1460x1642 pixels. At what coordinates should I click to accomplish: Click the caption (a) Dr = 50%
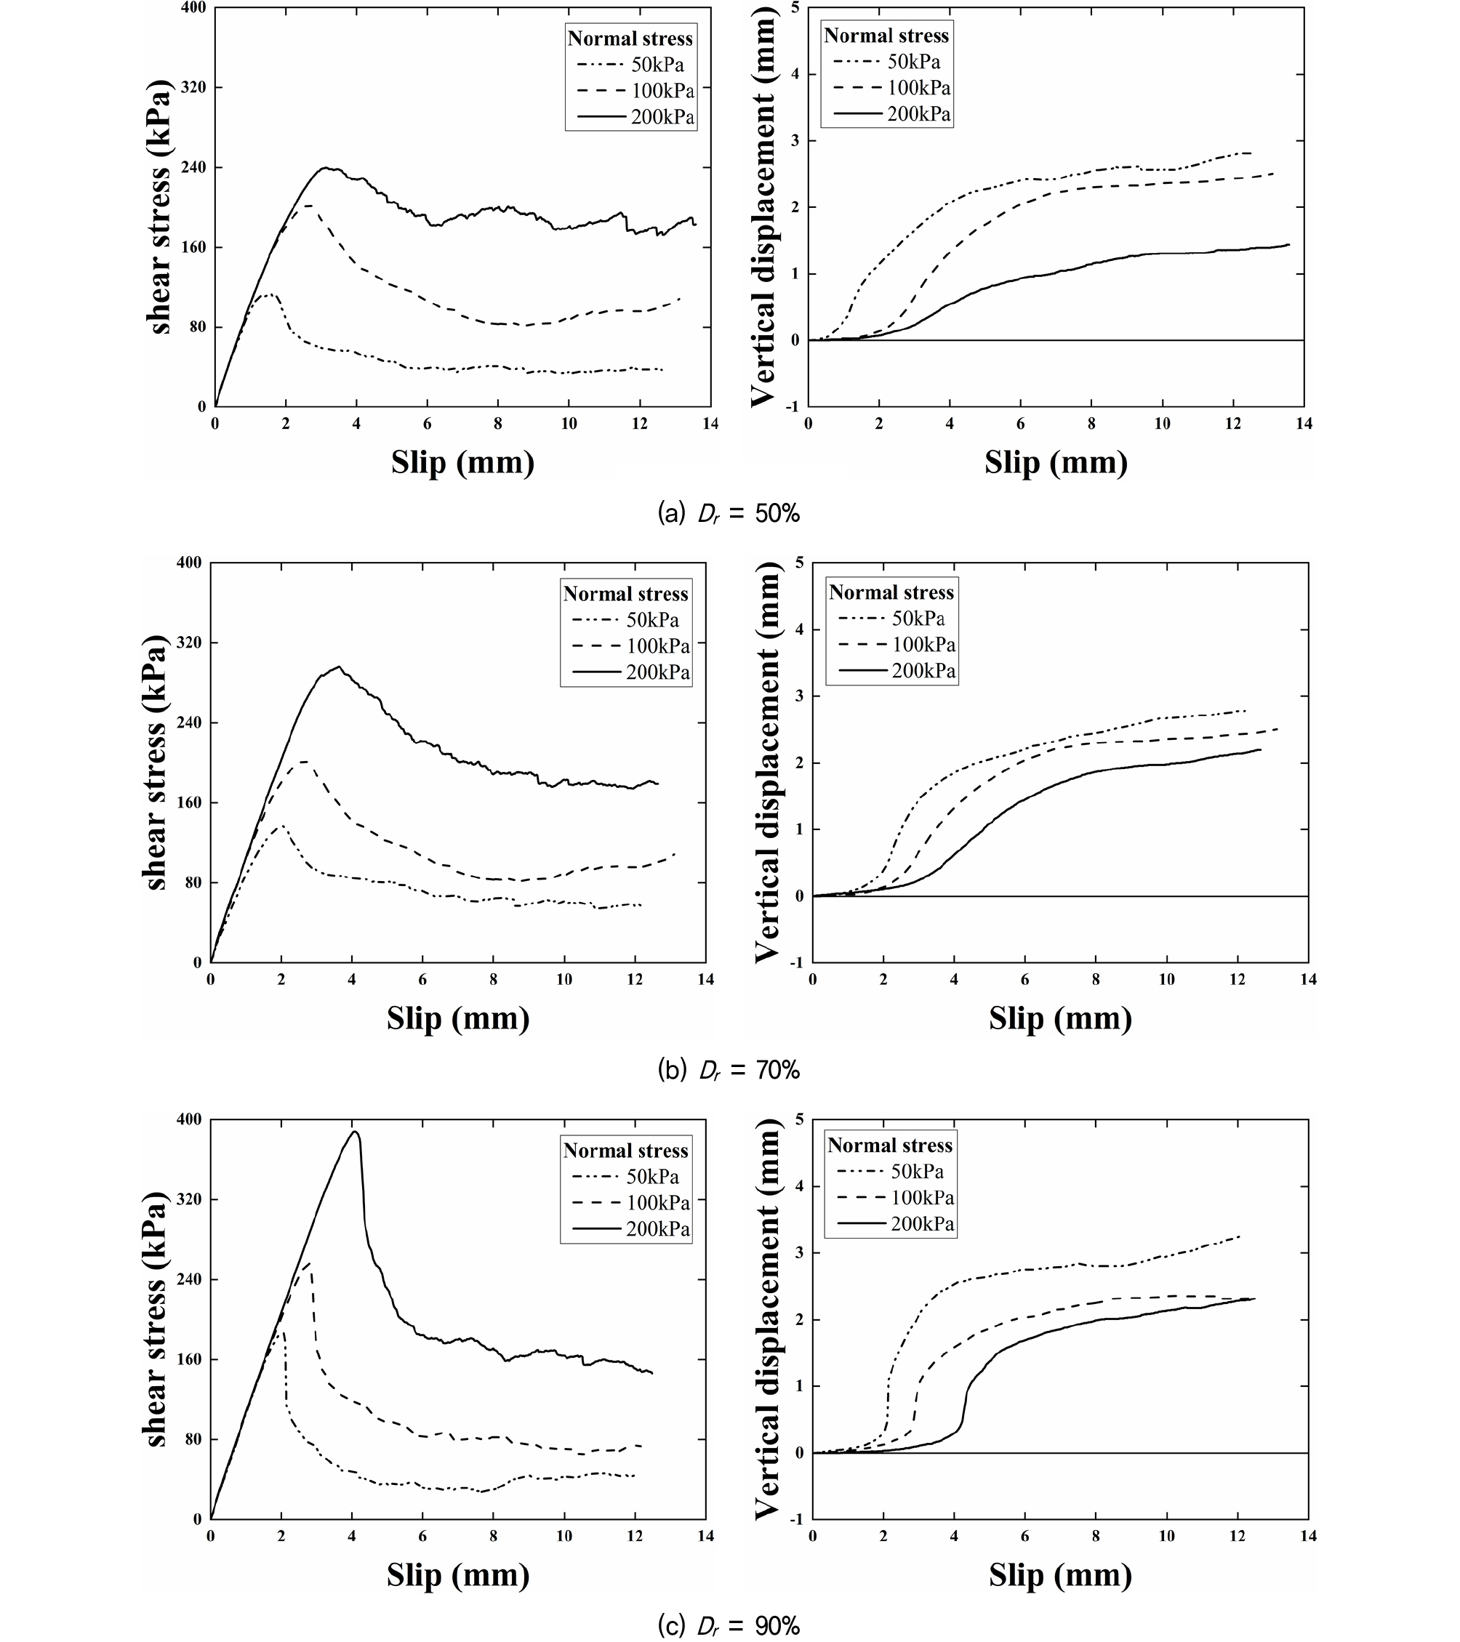[729, 513]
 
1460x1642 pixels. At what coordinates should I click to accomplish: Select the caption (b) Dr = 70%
[729, 1070]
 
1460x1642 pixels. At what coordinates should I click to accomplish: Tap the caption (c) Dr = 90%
[729, 1626]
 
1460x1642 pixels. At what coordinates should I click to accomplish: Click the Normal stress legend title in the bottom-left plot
[626, 1151]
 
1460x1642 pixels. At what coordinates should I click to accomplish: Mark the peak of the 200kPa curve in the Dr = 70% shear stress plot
[339, 666]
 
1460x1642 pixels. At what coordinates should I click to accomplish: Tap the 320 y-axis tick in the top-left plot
[191, 86]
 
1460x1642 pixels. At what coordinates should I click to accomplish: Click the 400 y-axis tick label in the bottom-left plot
[189, 1119]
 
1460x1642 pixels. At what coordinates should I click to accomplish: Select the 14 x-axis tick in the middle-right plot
[1308, 979]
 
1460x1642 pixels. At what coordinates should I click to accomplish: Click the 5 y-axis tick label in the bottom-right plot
[798, 1119]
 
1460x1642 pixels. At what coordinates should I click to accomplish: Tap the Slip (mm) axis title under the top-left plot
[463, 463]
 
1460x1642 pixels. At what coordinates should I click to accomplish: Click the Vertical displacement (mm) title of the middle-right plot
[767, 762]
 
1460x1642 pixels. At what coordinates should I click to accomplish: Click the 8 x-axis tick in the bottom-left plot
[494, 1535]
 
